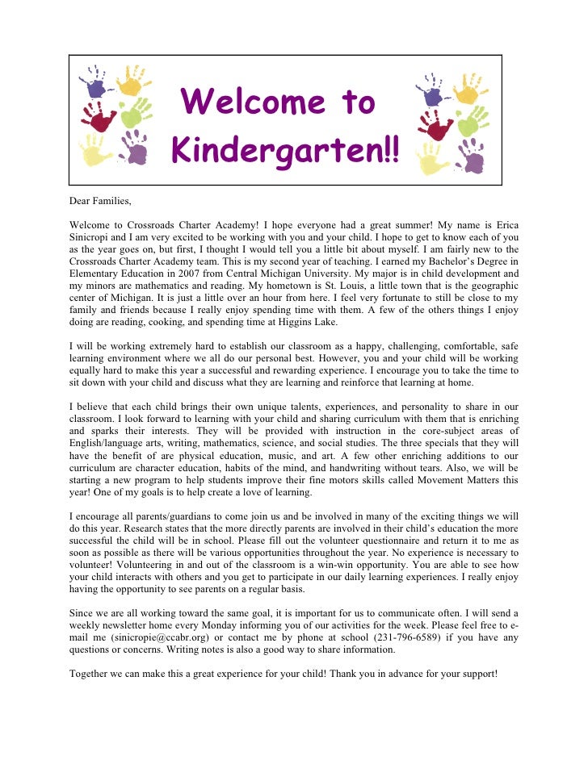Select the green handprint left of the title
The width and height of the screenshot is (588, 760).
pos(135,111)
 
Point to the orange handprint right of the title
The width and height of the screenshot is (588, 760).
pos(469,87)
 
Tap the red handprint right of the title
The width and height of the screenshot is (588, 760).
pos(436,125)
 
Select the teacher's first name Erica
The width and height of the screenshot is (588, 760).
pos(502,223)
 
